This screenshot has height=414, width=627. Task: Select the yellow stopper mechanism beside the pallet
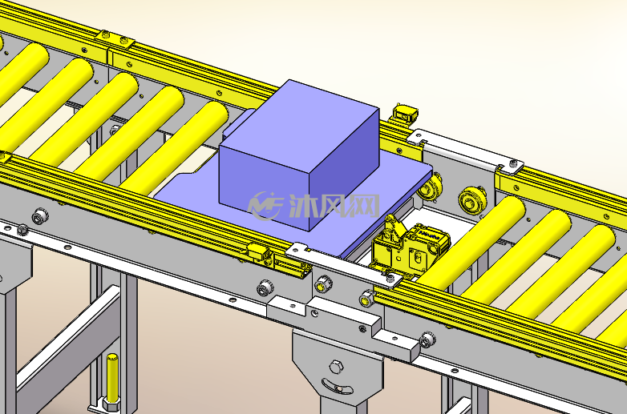tap(410, 247)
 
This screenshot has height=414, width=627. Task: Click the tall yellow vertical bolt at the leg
tap(112, 377)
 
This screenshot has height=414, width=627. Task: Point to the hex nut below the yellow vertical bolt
tap(111, 404)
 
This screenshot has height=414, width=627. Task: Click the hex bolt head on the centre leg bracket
tap(336, 367)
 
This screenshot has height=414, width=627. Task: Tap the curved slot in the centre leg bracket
tap(337, 387)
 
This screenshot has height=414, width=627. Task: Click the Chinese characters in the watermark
tap(334, 206)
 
